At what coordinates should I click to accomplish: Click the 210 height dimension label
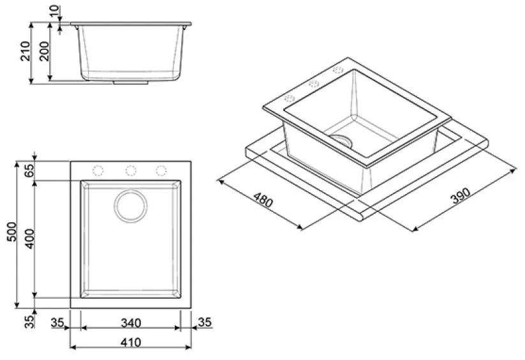[26, 51]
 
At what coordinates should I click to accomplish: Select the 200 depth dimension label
[44, 51]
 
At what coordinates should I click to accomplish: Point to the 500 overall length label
[11, 232]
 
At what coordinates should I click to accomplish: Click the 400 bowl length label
[30, 239]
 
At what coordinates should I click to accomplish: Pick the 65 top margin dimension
[30, 170]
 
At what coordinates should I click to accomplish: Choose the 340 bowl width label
[131, 323]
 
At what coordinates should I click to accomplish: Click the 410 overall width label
[131, 342]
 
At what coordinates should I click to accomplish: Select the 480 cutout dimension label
[263, 200]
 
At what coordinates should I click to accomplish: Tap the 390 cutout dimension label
[461, 196]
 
